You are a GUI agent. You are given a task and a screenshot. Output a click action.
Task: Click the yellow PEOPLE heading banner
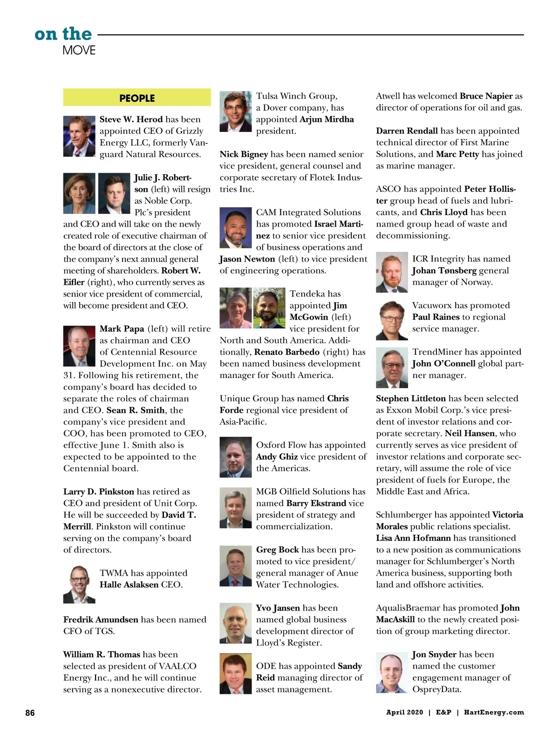137,98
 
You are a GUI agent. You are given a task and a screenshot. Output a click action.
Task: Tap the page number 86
30,713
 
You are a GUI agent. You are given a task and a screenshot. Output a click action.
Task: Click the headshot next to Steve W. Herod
79,136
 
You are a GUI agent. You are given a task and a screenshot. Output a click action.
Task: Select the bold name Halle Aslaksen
129,585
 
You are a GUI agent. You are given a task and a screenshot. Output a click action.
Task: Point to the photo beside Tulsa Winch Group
236,112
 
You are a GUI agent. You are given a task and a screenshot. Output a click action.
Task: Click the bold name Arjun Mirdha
327,119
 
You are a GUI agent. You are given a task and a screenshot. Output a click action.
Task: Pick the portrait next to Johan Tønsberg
392,273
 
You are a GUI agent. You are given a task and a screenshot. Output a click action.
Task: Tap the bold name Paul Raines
436,317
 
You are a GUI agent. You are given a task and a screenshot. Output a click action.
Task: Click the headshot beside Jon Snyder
392,673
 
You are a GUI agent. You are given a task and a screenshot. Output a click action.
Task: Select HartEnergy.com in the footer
494,712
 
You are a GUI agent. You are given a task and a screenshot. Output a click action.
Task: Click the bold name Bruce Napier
486,96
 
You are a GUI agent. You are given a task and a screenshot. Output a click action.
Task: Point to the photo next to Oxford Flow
236,457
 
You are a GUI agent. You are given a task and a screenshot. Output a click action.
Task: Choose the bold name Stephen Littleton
411,398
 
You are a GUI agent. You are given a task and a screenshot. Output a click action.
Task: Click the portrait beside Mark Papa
79,346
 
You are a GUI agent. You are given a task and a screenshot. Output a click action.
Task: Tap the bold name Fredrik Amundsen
101,619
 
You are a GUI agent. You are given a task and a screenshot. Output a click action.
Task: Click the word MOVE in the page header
79,50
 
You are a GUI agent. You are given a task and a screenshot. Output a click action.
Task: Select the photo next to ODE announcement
236,674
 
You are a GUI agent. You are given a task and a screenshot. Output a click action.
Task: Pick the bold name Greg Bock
277,550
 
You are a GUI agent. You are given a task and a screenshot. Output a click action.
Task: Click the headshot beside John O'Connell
392,368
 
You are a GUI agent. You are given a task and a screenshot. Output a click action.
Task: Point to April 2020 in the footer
404,712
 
